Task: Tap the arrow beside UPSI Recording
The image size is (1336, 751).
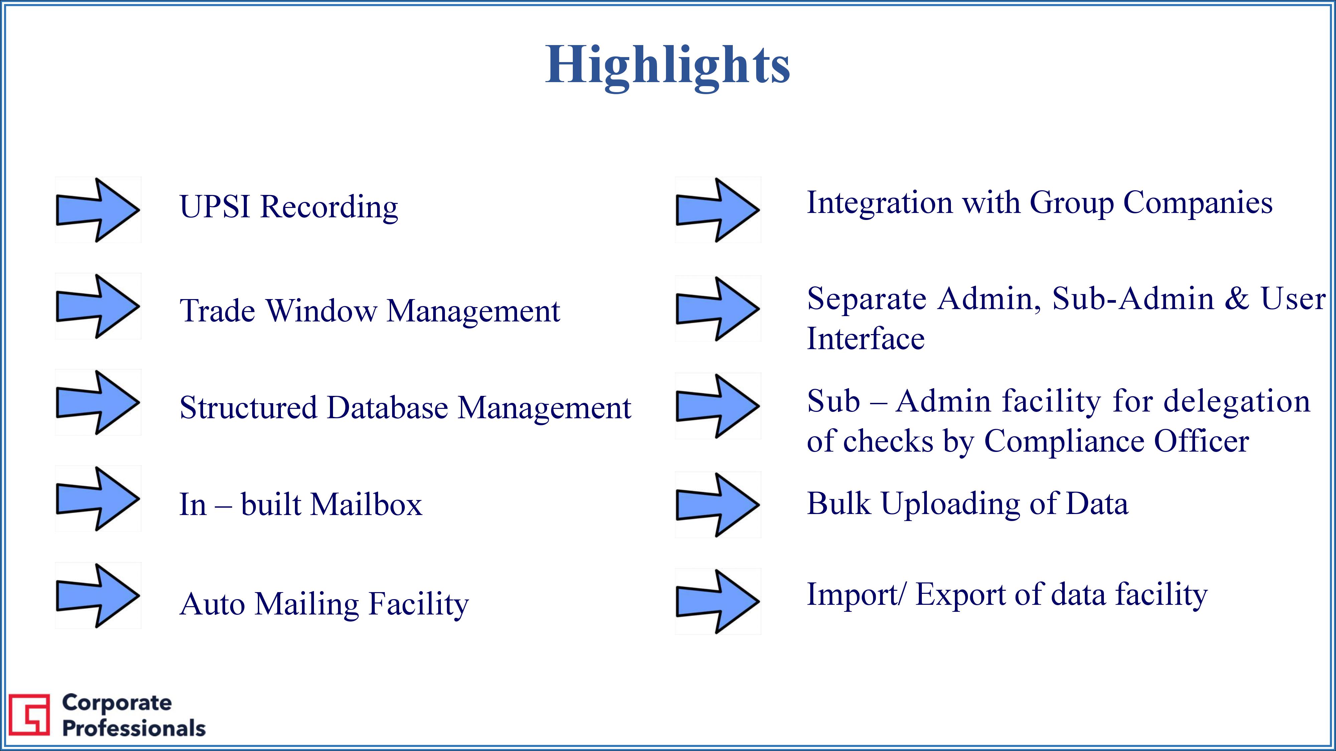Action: pyautogui.click(x=98, y=210)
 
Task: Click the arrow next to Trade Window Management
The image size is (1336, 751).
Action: pyautogui.click(x=98, y=306)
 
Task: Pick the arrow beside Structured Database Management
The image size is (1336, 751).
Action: pyautogui.click(x=98, y=402)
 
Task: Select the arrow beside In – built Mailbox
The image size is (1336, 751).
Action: pyautogui.click(x=98, y=499)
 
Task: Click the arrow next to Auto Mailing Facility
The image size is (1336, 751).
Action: pyautogui.click(x=98, y=595)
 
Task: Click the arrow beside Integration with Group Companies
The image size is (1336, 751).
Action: pyautogui.click(x=718, y=210)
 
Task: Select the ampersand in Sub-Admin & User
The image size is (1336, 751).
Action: pyautogui.click(x=1237, y=299)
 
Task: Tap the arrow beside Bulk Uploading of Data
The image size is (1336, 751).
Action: pyautogui.click(x=718, y=505)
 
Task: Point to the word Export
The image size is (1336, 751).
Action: pyautogui.click(x=960, y=594)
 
